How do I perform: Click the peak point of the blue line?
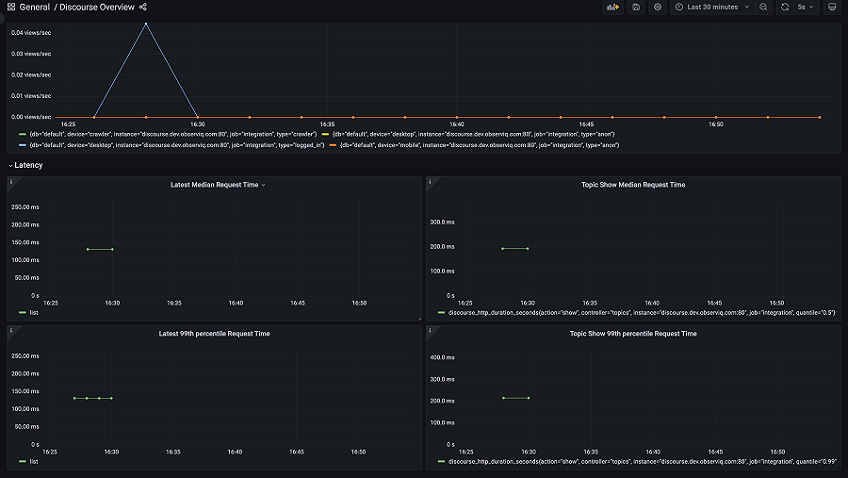(145, 24)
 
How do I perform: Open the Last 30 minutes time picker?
(711, 8)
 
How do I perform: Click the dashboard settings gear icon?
(658, 8)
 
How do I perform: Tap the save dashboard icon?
(637, 8)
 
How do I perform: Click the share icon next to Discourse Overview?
(143, 8)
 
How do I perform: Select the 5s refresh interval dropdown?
(806, 8)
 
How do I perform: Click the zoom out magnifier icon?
(763, 8)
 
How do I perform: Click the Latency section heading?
(28, 165)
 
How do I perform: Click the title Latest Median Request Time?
(214, 185)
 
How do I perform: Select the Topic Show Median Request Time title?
(633, 185)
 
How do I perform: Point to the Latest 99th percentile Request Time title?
(214, 334)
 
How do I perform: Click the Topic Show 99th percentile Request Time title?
(633, 334)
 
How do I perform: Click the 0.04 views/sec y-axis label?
(31, 33)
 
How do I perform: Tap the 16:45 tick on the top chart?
(586, 124)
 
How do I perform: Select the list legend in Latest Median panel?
(34, 312)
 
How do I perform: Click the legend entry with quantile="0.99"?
(641, 461)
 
